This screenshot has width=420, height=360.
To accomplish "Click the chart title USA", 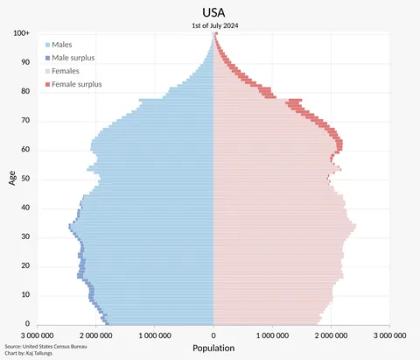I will (x=214, y=12).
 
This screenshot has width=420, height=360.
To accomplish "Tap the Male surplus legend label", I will (x=73, y=57).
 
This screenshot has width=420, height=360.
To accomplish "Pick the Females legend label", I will (x=66, y=70).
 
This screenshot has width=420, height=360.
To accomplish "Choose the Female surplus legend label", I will (x=77, y=84).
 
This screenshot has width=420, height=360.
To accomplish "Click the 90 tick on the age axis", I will (x=26, y=62).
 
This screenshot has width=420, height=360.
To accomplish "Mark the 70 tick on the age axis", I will (x=26, y=120).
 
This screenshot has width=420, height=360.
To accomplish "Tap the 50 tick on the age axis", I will (x=26, y=179).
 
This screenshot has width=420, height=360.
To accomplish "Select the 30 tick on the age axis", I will (x=26, y=236).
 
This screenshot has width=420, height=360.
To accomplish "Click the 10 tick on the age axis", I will (x=26, y=295).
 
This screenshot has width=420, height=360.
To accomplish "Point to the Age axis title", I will (x=12, y=178).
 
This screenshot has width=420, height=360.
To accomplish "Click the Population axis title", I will (x=213, y=349).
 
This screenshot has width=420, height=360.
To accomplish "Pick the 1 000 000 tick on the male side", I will (x=155, y=335).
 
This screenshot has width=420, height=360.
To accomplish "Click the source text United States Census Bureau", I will (x=54, y=346).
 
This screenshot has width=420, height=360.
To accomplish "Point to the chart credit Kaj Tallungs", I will (x=45, y=353).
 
